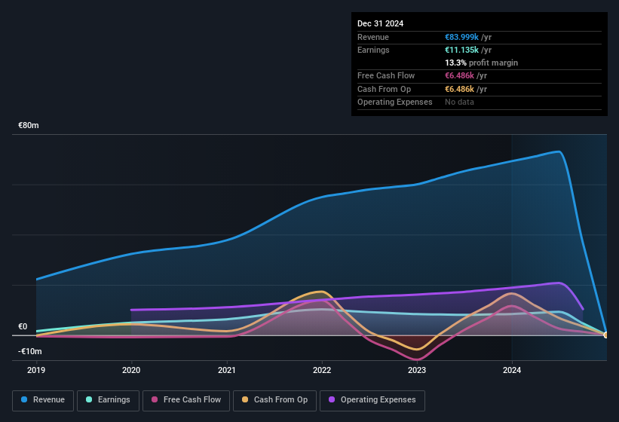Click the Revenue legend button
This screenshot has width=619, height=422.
click(43, 400)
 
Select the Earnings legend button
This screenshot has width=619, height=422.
click(108, 400)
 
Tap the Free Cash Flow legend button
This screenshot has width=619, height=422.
click(187, 400)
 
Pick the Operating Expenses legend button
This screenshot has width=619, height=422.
click(372, 400)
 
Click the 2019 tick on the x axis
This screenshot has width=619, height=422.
click(36, 370)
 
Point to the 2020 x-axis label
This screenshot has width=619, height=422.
click(131, 370)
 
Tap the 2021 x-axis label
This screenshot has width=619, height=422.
click(227, 370)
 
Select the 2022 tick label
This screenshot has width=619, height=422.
click(322, 370)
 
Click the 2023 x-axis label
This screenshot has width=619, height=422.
click(417, 370)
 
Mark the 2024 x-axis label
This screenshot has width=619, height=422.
click(512, 370)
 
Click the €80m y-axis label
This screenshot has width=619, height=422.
click(29, 126)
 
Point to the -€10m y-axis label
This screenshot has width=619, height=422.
click(30, 352)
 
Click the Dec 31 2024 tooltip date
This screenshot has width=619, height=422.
click(380, 23)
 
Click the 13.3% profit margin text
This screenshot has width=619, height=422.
click(481, 63)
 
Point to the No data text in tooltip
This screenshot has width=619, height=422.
click(459, 102)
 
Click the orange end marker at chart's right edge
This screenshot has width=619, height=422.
click(606, 335)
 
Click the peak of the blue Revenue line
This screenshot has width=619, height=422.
click(559, 151)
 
